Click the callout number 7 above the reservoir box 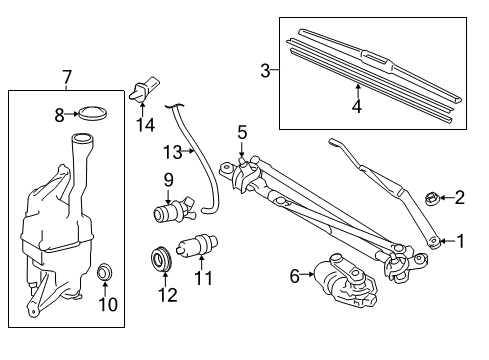66,76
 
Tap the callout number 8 58,115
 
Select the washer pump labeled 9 171,213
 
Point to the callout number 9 168,180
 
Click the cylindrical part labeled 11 196,245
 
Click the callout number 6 294,275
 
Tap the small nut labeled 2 433,198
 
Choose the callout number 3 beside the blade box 265,70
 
